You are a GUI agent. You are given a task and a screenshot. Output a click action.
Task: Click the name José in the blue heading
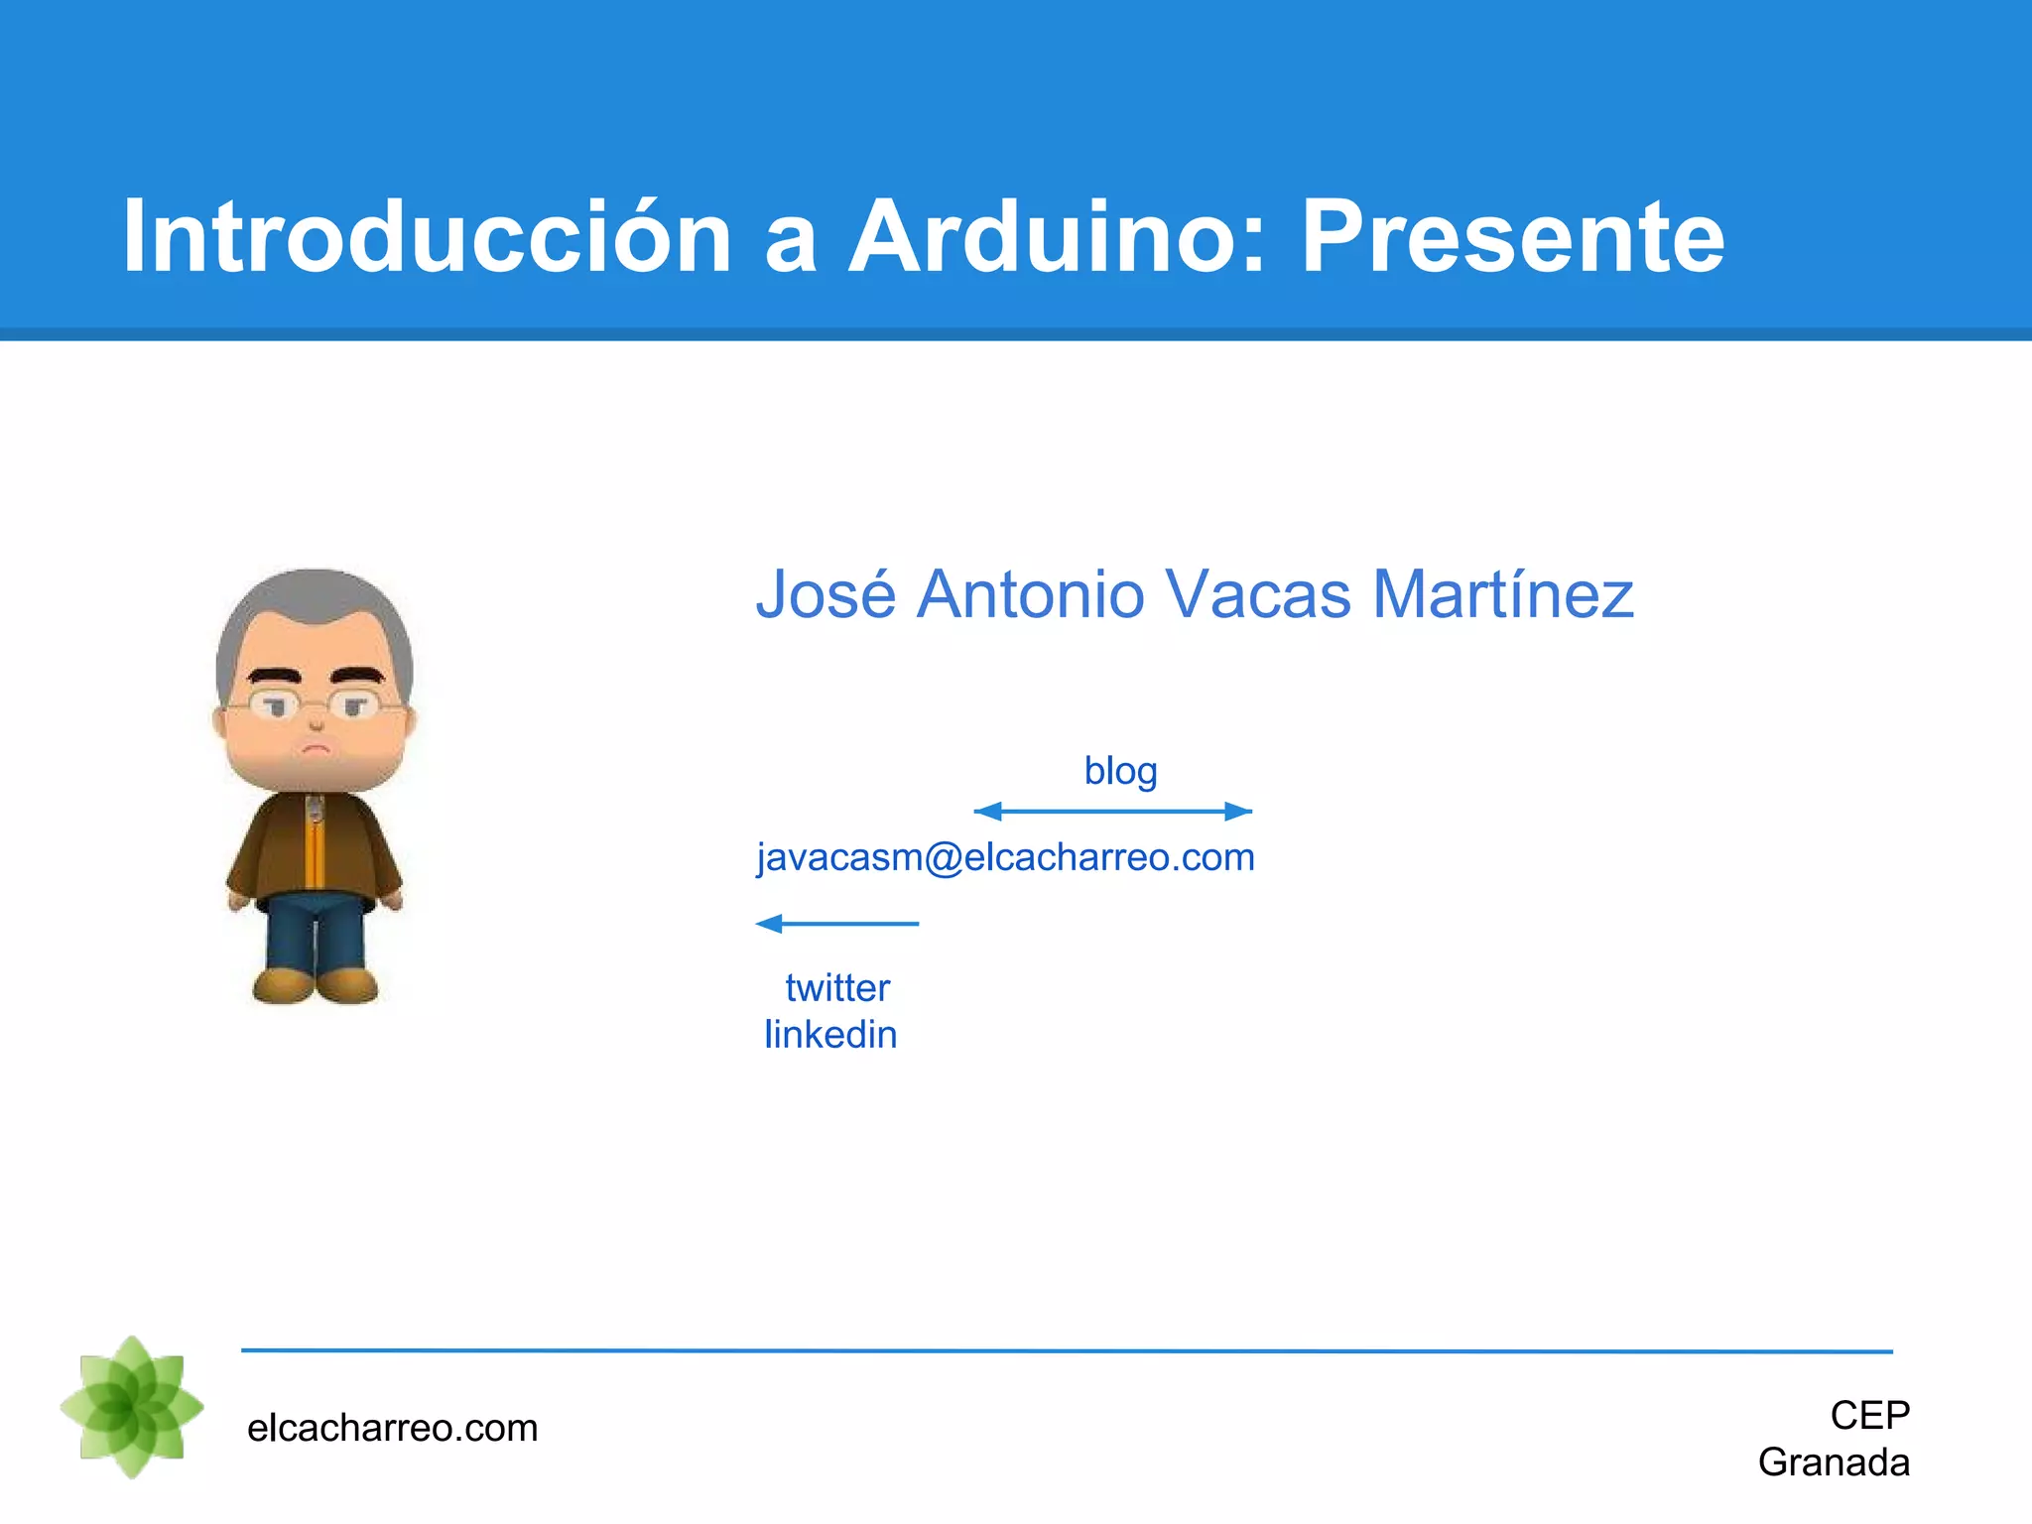pos(825,594)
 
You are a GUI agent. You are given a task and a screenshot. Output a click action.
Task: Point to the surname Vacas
pos(1257,594)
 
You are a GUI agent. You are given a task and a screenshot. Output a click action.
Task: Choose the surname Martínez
pos(1502,594)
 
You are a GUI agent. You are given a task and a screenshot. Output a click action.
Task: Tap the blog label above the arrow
pos(1120,771)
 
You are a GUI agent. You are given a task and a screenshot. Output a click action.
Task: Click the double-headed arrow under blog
pos(1113,812)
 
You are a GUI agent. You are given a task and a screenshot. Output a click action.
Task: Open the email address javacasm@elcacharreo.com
pos(1005,857)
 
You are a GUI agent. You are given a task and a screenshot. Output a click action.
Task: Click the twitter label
pos(837,988)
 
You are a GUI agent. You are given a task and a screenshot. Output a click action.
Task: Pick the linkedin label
pos(830,1035)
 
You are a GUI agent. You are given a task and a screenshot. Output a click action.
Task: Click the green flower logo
pos(132,1407)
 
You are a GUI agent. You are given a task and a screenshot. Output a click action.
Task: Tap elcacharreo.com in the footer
pos(392,1429)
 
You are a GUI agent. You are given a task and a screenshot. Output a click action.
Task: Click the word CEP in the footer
pos(1869,1416)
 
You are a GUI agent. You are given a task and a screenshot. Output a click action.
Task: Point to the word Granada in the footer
pos(1834,1463)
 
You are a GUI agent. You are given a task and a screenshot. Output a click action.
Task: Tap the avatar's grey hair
pos(316,605)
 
